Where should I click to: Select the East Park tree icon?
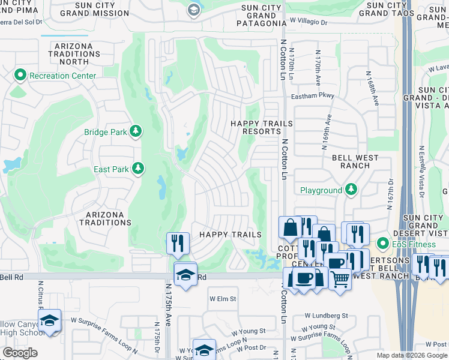139,169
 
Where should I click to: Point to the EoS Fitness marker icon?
382,244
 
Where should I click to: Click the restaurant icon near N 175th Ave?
177,242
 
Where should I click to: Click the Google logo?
19,353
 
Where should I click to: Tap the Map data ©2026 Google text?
412,355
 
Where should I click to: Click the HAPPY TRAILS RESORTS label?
262,128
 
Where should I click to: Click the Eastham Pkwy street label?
312,95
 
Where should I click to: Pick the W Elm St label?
223,298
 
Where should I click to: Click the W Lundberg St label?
326,316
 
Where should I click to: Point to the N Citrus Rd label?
40,293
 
